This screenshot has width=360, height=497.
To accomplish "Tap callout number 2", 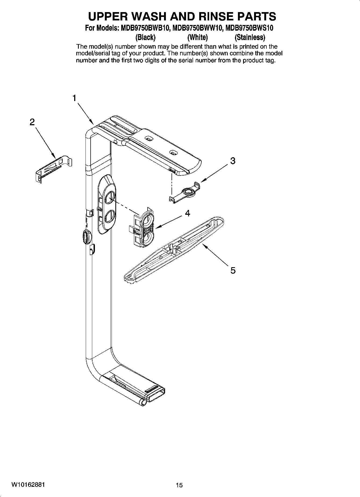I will [x=32, y=122].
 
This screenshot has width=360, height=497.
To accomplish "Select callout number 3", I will [x=233, y=161].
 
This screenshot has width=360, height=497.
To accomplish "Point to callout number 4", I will [x=188, y=213].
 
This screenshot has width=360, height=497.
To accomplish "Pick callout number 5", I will [x=233, y=270].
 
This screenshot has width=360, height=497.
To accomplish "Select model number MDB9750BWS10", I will [x=249, y=28].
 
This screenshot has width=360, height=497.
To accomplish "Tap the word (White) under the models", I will [x=197, y=37].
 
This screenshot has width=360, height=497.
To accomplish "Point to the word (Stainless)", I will [x=250, y=37].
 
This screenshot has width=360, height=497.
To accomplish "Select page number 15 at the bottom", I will [x=179, y=485].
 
